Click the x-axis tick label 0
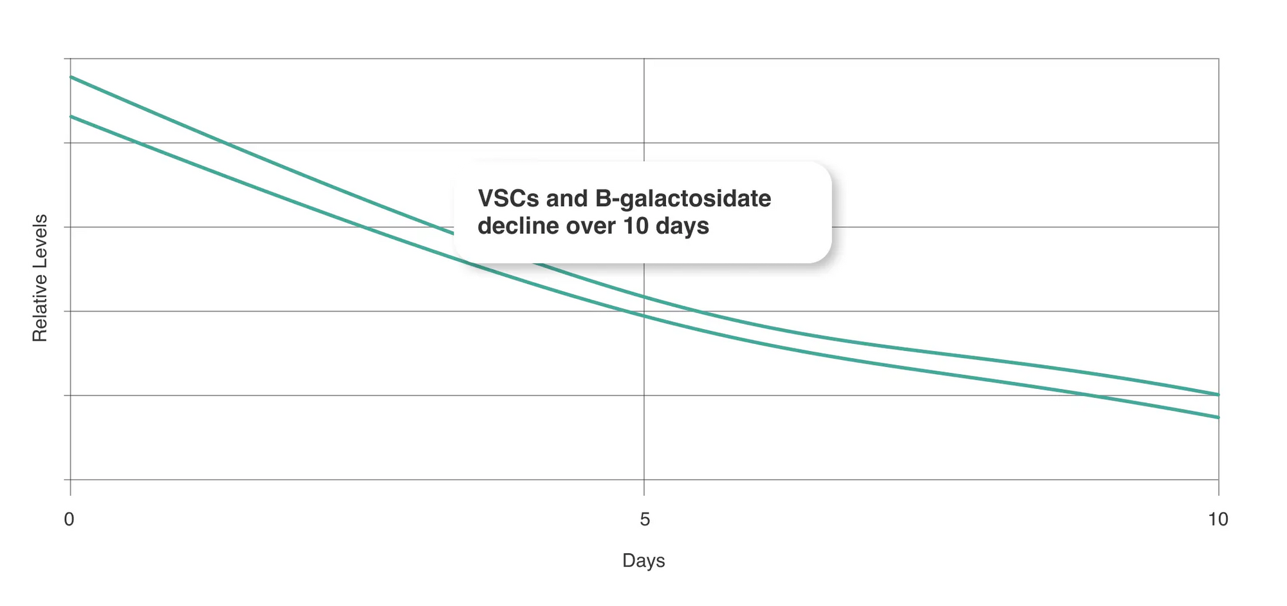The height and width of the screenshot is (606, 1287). (69, 519)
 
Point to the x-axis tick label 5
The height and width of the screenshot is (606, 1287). (645, 519)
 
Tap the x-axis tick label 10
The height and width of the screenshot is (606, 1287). (1218, 519)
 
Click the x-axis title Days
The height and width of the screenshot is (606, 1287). (643, 561)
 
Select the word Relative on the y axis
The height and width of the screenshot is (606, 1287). (40, 308)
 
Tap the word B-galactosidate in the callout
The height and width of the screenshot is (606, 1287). (683, 199)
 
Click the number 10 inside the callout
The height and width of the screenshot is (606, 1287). (635, 226)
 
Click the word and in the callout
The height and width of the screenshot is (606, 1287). (566, 198)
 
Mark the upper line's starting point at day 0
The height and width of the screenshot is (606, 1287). (71, 77)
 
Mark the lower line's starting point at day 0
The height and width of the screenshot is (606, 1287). (71, 116)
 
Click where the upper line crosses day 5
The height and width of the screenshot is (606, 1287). (644, 297)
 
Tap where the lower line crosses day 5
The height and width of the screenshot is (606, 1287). (644, 316)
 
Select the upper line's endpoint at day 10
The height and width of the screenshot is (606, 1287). (1218, 394)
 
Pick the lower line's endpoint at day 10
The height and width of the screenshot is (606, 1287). (1218, 417)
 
